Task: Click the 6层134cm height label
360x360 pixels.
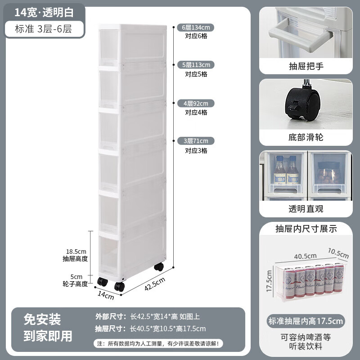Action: (195, 27)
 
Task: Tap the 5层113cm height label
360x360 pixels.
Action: (195, 64)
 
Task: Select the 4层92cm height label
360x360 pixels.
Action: (195, 103)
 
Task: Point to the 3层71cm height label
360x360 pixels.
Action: (195, 141)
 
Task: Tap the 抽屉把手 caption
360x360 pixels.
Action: (306, 67)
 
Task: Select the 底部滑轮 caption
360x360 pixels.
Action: (306, 137)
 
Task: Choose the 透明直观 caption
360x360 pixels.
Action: (306, 208)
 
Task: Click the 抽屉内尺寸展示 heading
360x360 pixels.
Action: (306, 229)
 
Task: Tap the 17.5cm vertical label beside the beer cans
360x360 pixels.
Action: (269, 280)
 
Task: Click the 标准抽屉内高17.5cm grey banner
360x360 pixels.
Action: (306, 321)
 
